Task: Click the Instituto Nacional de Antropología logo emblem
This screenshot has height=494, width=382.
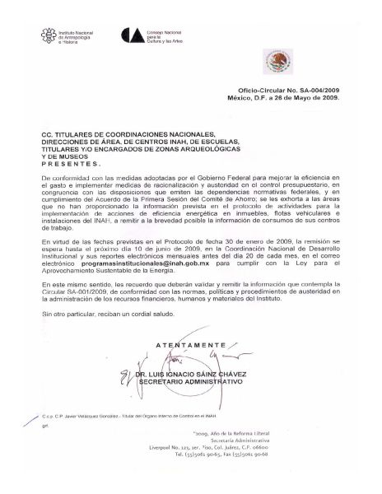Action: (50, 34)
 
